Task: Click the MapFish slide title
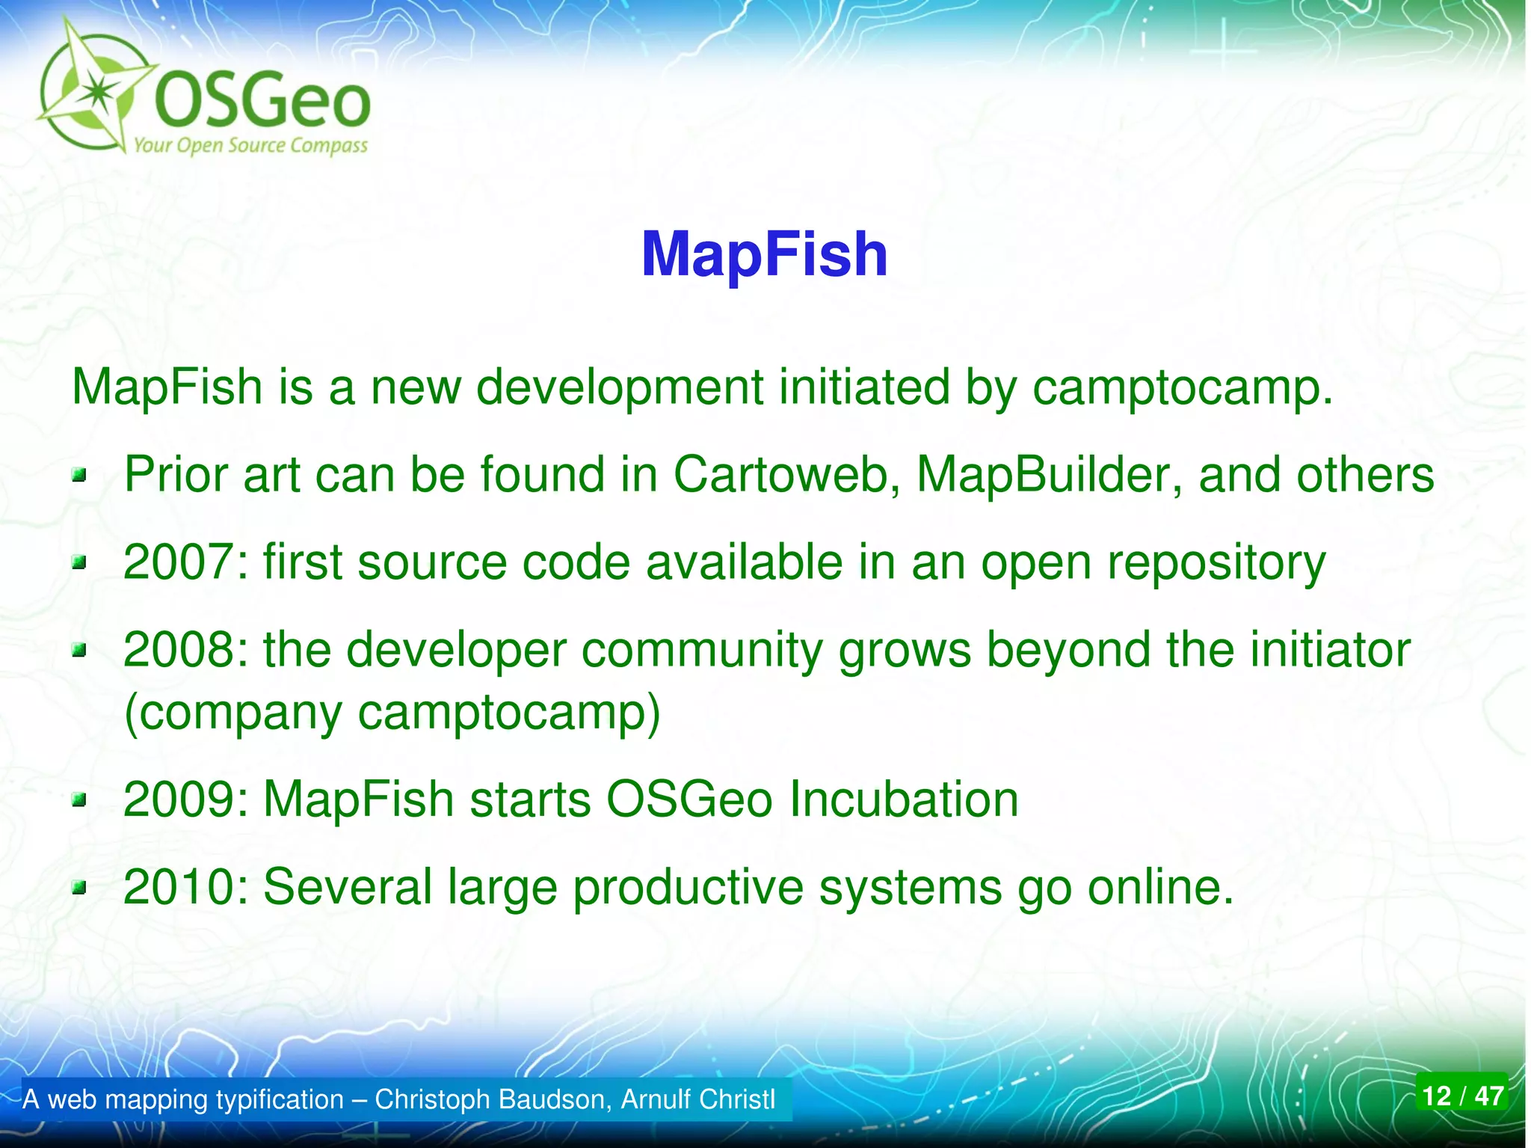click(x=764, y=255)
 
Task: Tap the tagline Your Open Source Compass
click(x=250, y=144)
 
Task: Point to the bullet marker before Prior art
click(x=79, y=476)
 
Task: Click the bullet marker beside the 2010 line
click(x=79, y=888)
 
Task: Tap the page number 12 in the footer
click(x=1436, y=1096)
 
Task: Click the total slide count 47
click(x=1488, y=1096)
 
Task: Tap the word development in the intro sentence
click(x=620, y=388)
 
